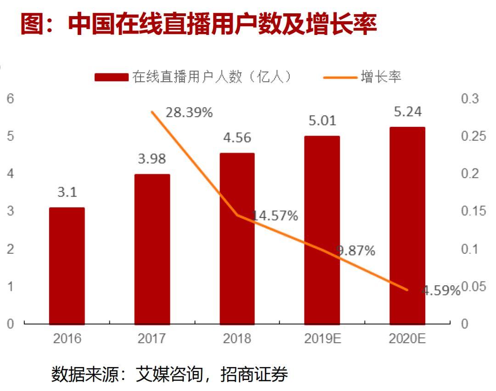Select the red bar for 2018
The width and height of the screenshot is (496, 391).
pos(237,238)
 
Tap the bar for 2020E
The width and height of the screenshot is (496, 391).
pos(407,226)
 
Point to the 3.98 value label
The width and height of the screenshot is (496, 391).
pos(152,159)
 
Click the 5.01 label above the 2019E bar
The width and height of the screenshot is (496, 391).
pos(322,121)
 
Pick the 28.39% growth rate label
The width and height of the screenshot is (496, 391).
pos(189,113)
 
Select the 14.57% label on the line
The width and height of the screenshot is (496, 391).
pos(275,215)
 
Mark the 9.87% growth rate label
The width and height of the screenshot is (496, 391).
pos(355,251)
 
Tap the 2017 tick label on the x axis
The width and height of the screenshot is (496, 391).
pos(152,339)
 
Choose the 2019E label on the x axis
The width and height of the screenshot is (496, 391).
pos(322,339)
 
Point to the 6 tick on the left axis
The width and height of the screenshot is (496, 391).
pos(10,99)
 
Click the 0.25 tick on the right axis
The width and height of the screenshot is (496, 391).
pos(473,136)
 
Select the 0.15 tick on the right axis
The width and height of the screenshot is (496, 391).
pos(473,211)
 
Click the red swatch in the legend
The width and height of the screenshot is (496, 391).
pos(112,77)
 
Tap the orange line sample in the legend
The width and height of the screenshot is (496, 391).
pos(340,77)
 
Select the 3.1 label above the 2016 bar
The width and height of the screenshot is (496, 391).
pos(67,193)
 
